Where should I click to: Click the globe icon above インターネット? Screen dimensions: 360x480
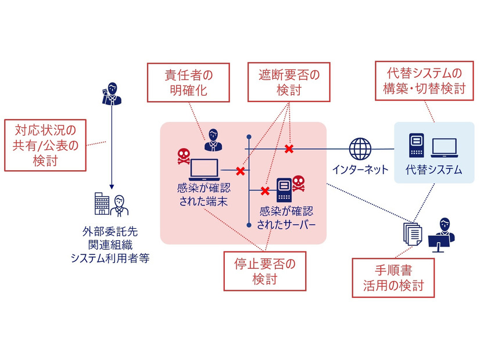pyautogui.click(x=360, y=149)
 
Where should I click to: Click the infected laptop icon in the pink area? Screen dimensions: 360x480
pyautogui.click(x=205, y=170)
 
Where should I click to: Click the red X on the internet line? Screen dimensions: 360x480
pyautogui.click(x=289, y=149)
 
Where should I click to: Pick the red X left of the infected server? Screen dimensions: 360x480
pyautogui.click(x=265, y=190)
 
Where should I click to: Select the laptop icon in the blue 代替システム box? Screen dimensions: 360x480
pyautogui.click(x=444, y=148)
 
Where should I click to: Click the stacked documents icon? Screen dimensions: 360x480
pyautogui.click(x=411, y=233)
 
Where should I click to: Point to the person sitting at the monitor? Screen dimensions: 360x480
pyautogui.click(x=443, y=234)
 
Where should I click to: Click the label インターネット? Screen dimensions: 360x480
pyautogui.click(x=360, y=170)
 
